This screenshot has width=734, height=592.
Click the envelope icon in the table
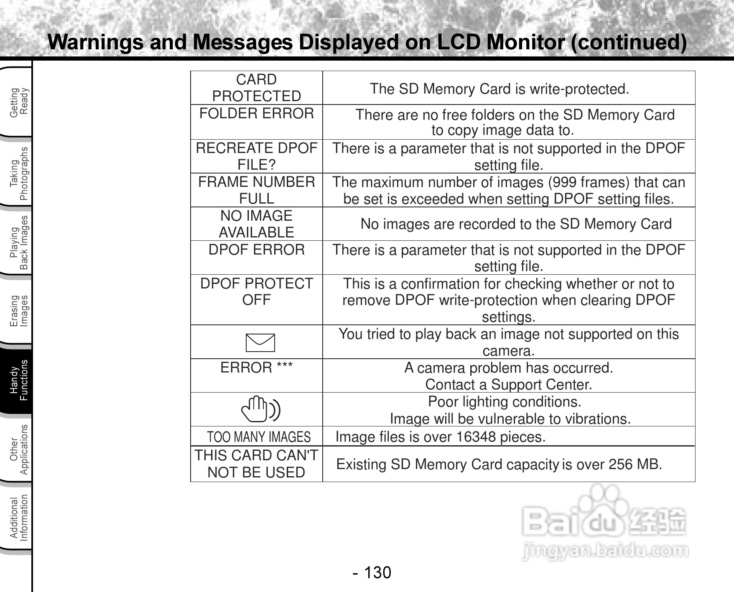260,343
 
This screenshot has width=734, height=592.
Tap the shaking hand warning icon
260,409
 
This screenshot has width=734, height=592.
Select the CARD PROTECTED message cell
256,88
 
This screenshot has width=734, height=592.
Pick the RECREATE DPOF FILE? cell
256,156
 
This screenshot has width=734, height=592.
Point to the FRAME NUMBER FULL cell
256,190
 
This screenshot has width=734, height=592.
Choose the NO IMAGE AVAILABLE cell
256,224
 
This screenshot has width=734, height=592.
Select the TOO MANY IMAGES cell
259,437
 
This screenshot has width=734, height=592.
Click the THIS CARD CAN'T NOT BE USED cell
256,464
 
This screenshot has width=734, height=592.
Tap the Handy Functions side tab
18,380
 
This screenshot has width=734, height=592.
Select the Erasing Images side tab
18,311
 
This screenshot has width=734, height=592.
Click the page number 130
377,572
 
